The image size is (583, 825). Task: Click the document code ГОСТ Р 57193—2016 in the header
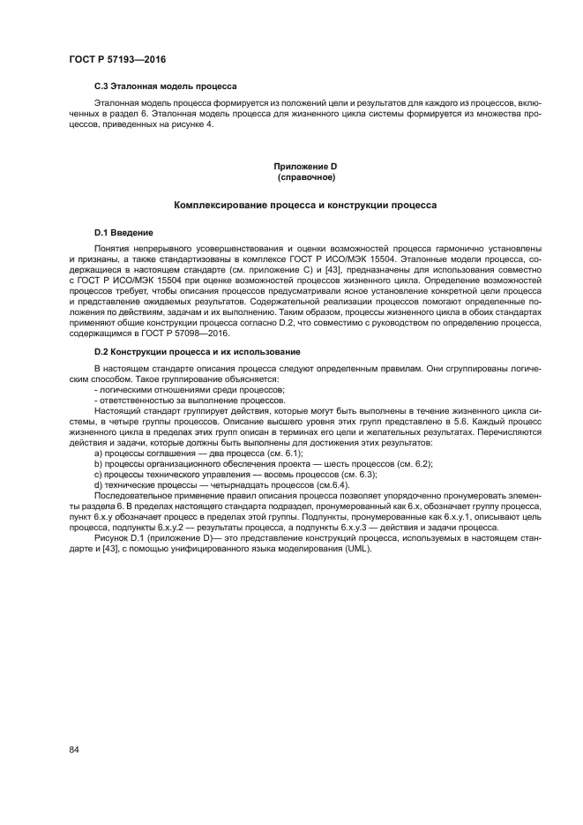pos(117,59)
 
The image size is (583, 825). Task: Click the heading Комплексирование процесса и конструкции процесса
pos(305,206)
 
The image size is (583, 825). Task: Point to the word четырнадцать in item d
pos(232,485)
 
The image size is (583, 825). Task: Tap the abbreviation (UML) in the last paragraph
pos(355,548)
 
